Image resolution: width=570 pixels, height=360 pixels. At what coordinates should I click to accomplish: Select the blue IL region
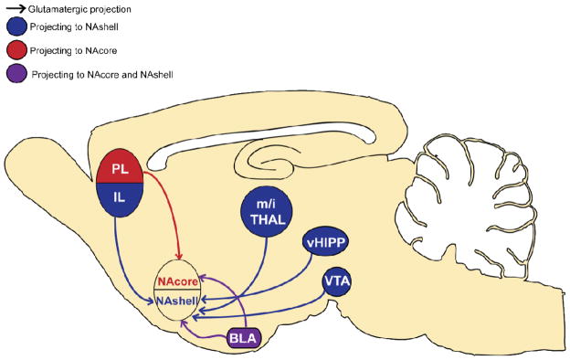coord(118,198)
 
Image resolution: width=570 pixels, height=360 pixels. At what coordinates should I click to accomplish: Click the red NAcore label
coord(178,283)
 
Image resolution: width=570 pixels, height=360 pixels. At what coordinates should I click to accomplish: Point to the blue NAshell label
coord(179,301)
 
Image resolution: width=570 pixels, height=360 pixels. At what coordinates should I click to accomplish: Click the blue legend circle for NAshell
coord(16,27)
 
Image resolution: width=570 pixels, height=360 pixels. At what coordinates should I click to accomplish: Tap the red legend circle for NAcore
coord(16,48)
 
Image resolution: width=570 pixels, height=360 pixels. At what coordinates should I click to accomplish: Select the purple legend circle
coord(16,72)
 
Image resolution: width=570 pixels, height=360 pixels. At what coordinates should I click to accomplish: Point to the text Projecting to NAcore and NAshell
coord(102,73)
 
